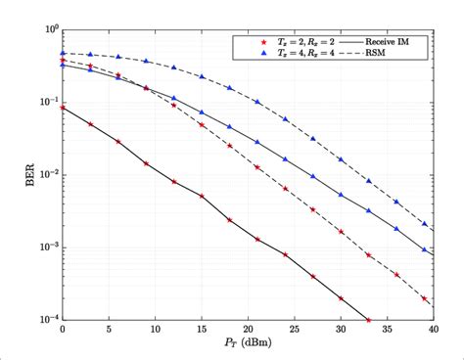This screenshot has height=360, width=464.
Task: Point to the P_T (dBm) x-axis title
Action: [247, 344]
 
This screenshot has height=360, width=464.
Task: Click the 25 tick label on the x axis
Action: [294, 331]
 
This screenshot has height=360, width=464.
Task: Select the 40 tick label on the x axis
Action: [433, 331]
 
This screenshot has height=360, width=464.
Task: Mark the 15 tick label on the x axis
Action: [201, 331]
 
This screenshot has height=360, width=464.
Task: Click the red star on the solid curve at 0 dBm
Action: [63, 108]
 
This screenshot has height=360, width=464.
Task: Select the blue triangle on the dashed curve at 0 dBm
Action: [63, 53]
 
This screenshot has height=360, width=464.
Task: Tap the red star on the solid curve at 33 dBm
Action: [368, 319]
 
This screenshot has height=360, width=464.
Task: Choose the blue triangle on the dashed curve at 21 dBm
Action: [257, 102]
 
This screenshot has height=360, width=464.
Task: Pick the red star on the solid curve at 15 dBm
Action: [202, 196]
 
